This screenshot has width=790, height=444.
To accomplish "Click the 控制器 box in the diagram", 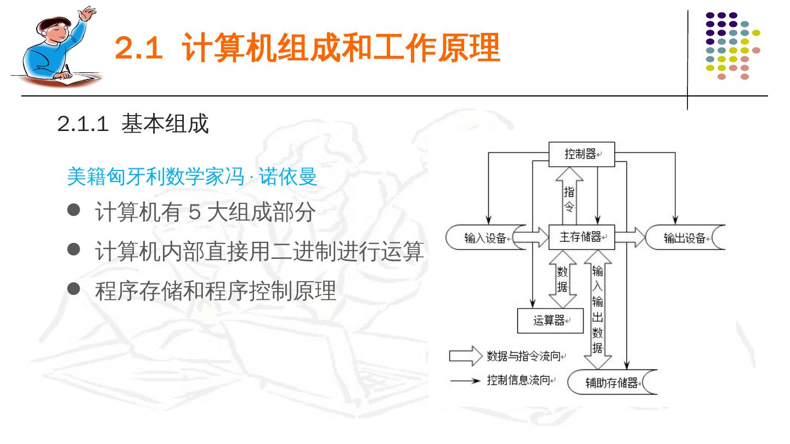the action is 582,154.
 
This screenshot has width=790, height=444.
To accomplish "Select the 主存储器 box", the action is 582,237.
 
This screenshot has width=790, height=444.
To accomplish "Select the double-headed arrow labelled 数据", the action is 562,279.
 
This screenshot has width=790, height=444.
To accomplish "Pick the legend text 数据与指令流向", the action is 524,356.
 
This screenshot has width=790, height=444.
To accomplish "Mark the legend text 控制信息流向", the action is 518,380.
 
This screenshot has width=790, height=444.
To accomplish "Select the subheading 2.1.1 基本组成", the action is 133,124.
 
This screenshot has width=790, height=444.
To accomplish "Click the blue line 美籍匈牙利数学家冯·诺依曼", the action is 192,177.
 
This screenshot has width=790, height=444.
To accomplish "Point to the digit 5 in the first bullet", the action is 194,213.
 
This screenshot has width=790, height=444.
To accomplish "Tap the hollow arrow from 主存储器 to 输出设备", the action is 630,237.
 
